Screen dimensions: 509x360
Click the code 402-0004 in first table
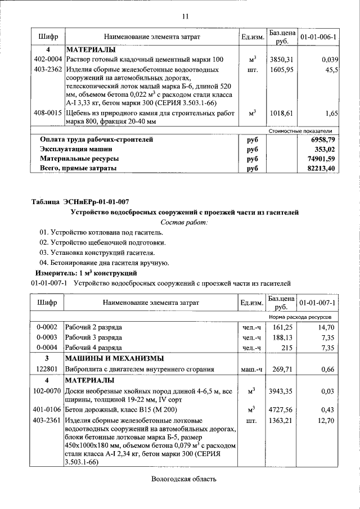click(x=48, y=60)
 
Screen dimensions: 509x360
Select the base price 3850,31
click(x=282, y=60)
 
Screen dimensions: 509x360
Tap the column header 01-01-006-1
click(x=318, y=37)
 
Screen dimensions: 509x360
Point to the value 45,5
click(x=331, y=70)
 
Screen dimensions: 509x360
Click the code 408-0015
click(x=48, y=113)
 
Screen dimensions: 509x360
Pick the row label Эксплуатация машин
click(x=76, y=149)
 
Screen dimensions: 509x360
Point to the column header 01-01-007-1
click(x=318, y=303)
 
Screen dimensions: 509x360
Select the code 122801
click(x=48, y=370)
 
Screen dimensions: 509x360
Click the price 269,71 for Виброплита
click(x=282, y=370)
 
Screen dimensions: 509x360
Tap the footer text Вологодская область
click(x=184, y=479)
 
